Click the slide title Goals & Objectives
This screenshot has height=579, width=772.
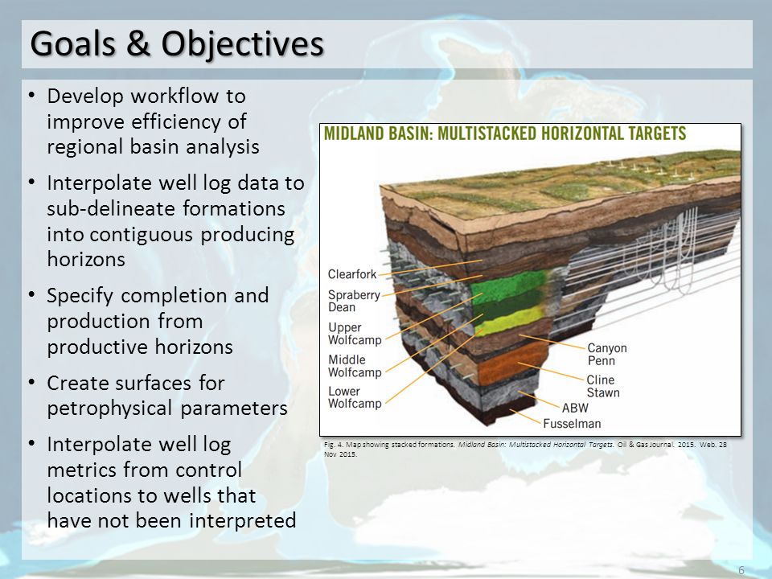[x=177, y=43]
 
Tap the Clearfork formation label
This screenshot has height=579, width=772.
[x=352, y=274]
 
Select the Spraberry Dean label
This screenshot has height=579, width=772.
[x=354, y=301]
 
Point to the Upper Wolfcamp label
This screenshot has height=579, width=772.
[x=355, y=333]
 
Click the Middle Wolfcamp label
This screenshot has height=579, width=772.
[x=355, y=366]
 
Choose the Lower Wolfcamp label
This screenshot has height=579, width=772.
[x=355, y=397]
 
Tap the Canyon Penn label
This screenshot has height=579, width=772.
[x=607, y=354]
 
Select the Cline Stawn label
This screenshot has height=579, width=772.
[x=603, y=386]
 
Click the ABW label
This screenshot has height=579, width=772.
[x=575, y=408]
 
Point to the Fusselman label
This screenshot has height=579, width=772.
[x=572, y=424]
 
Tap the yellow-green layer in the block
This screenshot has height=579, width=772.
[x=510, y=321]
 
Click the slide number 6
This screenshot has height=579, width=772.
[x=741, y=570]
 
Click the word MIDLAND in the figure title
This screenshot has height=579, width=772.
[x=354, y=133]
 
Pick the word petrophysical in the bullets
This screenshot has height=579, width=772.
[x=109, y=409]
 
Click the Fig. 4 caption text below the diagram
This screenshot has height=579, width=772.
[x=525, y=449]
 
